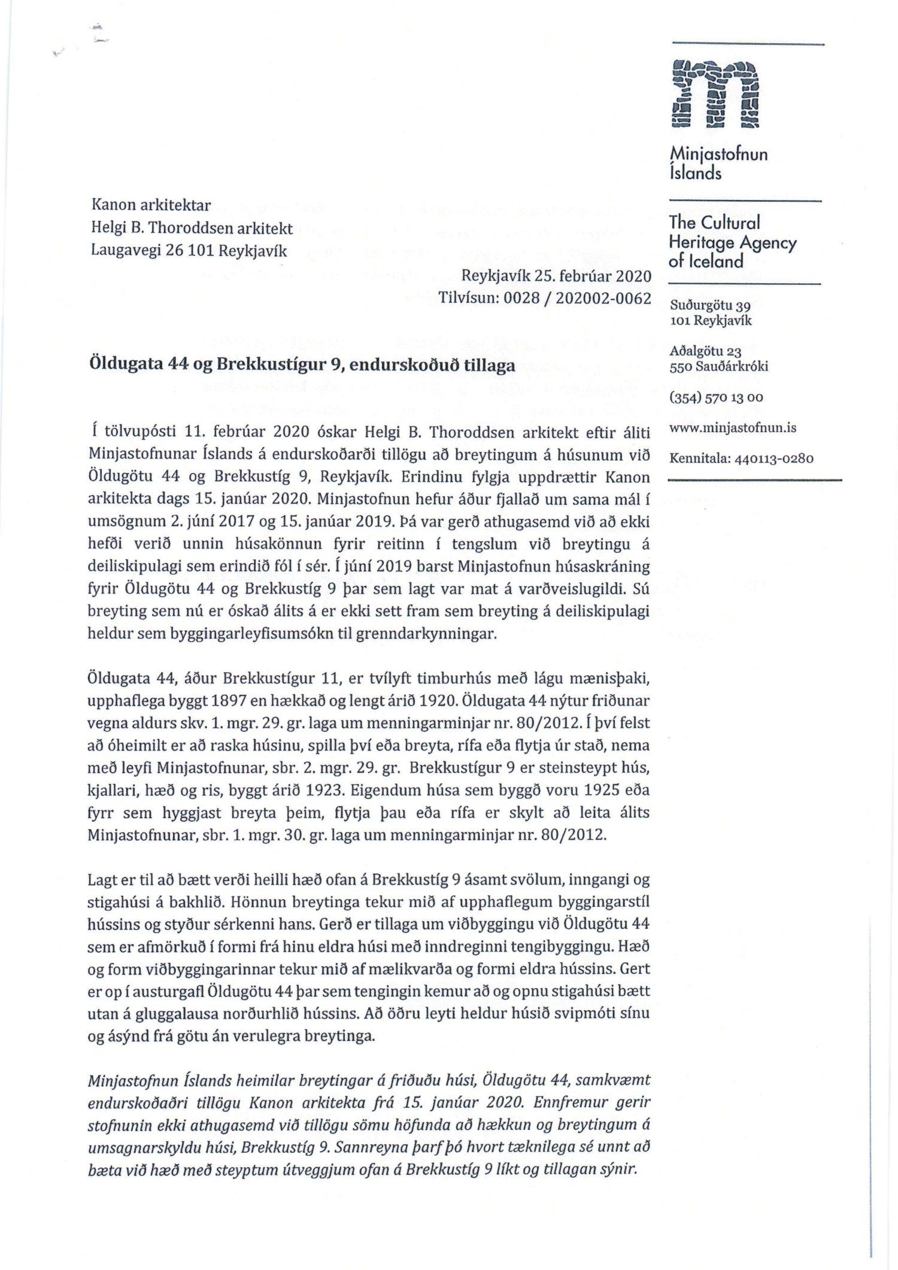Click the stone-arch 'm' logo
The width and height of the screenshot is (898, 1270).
tap(715, 94)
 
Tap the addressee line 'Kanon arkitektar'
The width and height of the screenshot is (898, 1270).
tap(151, 205)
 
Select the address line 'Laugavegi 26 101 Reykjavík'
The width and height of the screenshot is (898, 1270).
tap(189, 251)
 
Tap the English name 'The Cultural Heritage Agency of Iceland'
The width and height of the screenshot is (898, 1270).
tap(732, 242)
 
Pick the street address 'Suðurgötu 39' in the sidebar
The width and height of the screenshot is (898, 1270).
tap(710, 305)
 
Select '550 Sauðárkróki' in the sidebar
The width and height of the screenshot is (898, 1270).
tap(718, 366)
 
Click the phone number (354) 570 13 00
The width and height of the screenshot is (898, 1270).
tap(716, 397)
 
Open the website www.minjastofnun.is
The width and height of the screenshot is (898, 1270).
tap(732, 428)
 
